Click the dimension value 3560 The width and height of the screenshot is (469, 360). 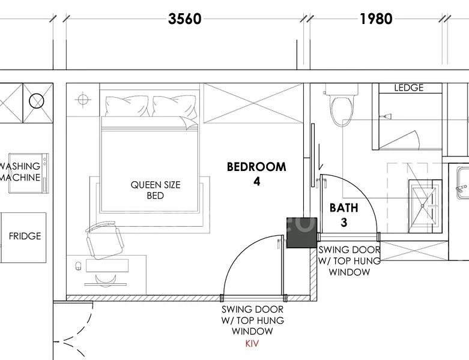pyautogui.click(x=185, y=19)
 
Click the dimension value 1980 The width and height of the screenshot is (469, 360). pyautogui.click(x=376, y=19)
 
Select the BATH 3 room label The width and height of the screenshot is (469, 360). pyautogui.click(x=343, y=215)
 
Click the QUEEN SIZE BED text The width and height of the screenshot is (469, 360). pyautogui.click(x=156, y=190)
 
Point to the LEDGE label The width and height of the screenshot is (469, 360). pyautogui.click(x=408, y=88)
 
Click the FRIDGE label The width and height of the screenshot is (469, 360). pyautogui.click(x=25, y=236)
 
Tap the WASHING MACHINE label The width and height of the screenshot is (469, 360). pyautogui.click(x=21, y=172)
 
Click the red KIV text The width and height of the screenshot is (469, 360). pyautogui.click(x=252, y=344)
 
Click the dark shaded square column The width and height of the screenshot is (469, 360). pyautogui.click(x=301, y=232)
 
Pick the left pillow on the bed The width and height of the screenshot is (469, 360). pyautogui.click(x=126, y=106)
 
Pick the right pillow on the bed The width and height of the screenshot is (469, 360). pyautogui.click(x=174, y=108)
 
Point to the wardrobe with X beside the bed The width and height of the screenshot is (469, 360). pyautogui.click(x=252, y=104)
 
